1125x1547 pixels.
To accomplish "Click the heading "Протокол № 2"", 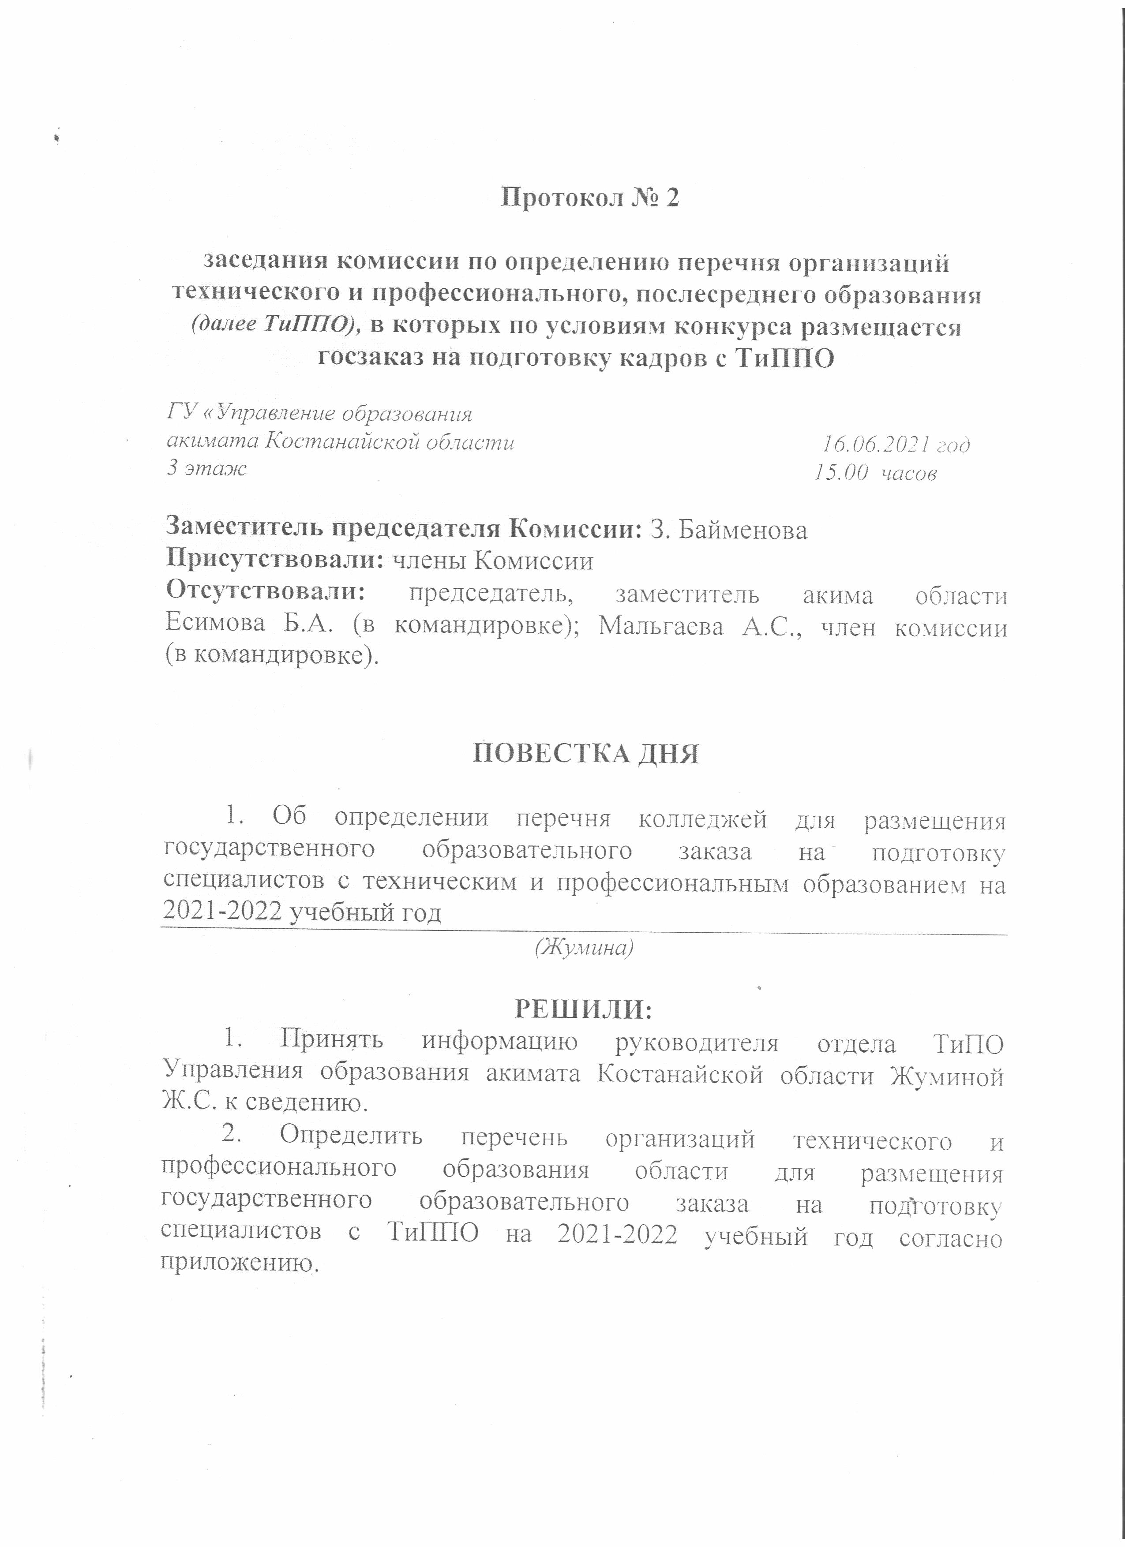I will click(x=590, y=198).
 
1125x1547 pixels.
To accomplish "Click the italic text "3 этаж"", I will click(x=207, y=469).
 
